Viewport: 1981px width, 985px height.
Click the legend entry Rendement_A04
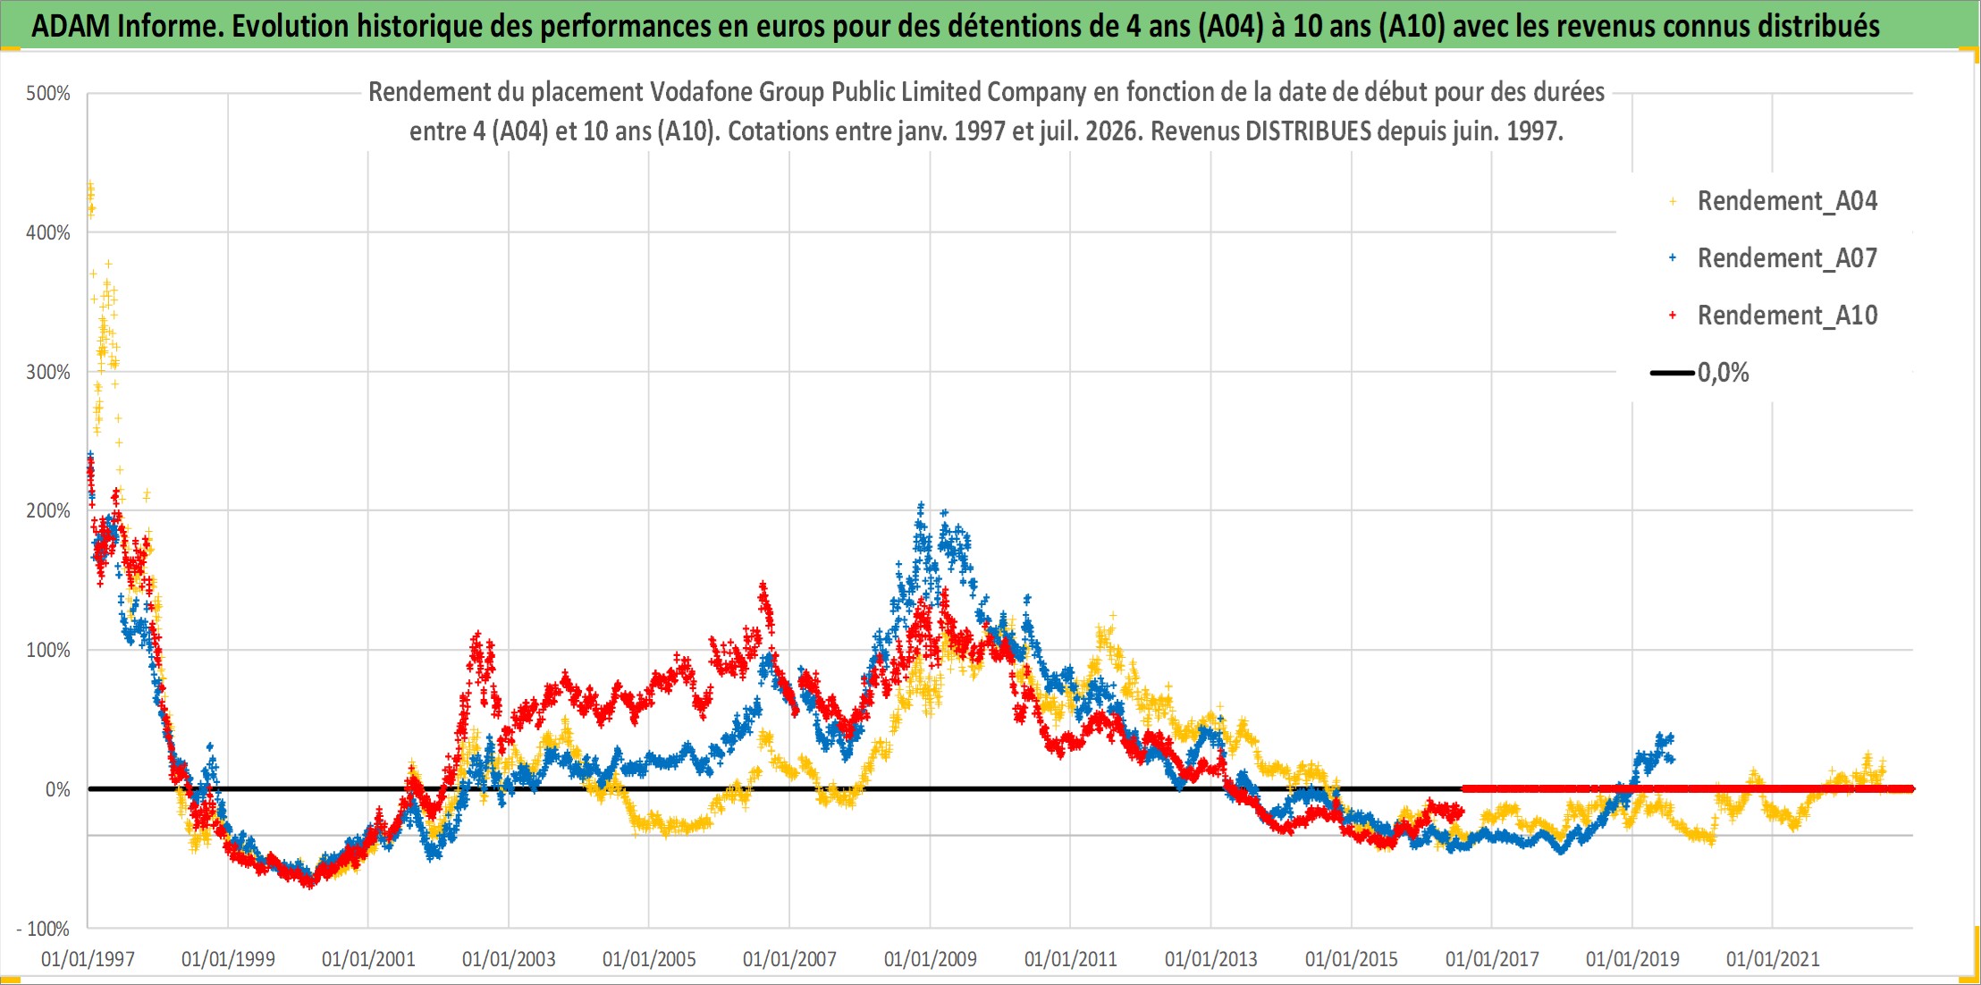click(1787, 201)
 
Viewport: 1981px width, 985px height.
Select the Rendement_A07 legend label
click(1787, 258)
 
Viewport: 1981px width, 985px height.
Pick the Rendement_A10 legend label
click(1787, 316)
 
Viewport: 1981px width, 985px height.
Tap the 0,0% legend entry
click(1723, 373)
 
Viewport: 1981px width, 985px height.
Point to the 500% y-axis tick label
click(48, 93)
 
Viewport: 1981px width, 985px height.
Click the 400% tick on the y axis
click(48, 232)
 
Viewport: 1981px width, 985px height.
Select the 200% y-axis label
click(48, 510)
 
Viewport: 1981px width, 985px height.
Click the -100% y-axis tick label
click(43, 929)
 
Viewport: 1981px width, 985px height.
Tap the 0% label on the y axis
click(58, 789)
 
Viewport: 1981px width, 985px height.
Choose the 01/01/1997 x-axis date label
click(88, 959)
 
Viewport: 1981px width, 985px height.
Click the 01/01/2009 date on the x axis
click(930, 959)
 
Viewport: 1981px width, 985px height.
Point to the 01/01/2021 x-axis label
click(1773, 959)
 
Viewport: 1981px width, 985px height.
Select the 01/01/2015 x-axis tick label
click(1352, 959)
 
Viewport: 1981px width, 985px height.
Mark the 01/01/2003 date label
click(509, 959)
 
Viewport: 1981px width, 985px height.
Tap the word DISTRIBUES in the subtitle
click(1308, 131)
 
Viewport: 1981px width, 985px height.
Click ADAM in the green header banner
click(71, 26)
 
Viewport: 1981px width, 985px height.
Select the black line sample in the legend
click(1672, 373)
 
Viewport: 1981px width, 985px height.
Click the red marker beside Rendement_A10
click(1672, 316)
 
